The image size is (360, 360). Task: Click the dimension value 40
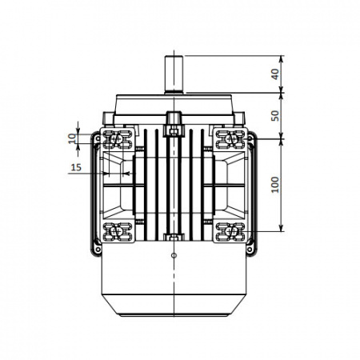(275, 74)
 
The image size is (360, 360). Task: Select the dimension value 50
(275, 115)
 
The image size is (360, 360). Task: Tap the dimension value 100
(275, 185)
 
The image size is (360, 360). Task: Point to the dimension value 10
(72, 138)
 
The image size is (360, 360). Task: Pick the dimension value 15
(76, 167)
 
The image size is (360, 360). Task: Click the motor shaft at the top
(174, 74)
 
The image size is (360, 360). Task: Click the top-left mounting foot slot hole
(117, 139)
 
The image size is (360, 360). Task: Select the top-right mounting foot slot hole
(230, 138)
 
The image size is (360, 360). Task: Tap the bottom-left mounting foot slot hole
(117, 231)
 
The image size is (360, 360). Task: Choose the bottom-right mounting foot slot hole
(230, 231)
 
